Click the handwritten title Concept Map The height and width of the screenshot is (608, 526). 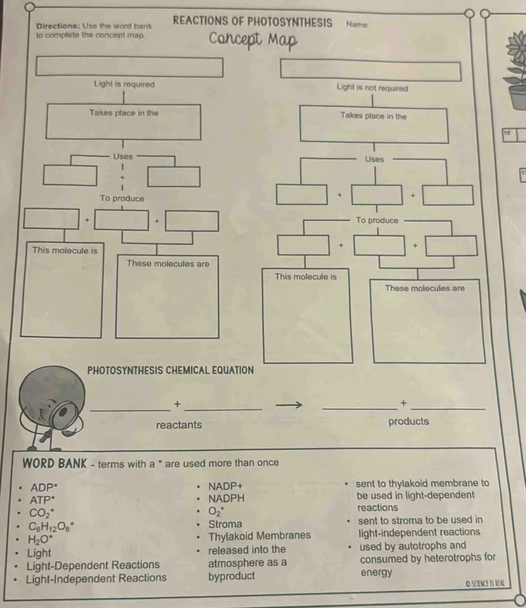253,40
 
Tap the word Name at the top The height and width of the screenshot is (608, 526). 357,24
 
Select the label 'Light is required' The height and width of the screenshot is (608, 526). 124,84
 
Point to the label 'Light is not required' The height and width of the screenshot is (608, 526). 372,88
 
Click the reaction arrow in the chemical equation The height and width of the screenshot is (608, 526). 289,405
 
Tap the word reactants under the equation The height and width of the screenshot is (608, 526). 179,425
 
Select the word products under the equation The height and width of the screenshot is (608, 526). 408,421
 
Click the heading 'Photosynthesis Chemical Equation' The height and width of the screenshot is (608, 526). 170,370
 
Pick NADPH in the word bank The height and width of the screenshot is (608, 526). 226,499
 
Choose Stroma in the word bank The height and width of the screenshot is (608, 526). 225,524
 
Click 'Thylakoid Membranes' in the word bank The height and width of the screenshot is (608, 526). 259,536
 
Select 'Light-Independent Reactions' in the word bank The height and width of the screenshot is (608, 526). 96,578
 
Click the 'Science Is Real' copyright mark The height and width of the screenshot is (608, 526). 486,584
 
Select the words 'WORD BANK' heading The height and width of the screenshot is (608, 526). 55,463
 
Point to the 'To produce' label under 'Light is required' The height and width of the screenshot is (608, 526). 122,199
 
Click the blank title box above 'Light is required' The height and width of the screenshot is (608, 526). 129,67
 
